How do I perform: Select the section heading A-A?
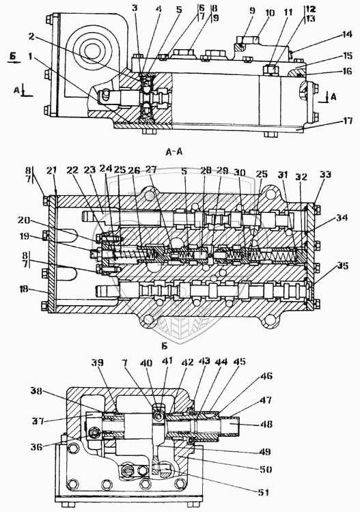pyautogui.click(x=174, y=152)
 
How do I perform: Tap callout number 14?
pyautogui.click(x=347, y=34)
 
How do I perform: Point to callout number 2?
pyautogui.click(x=31, y=37)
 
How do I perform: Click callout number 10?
pyautogui.click(x=270, y=14)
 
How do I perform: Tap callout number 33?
pyautogui.click(x=325, y=175)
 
